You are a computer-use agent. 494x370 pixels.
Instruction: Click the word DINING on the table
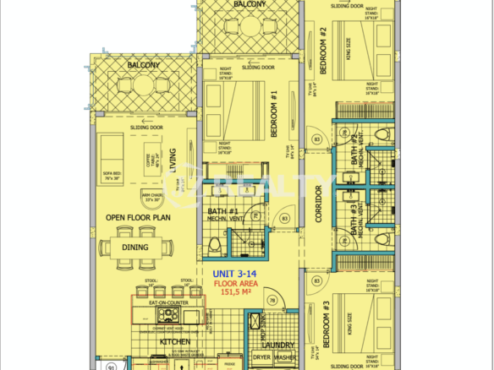click(135, 248)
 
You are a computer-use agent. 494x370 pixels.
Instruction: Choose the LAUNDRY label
click(278, 345)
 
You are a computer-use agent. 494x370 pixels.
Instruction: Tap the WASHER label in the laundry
click(285, 357)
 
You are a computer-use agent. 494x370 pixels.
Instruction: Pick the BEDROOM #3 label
click(326, 325)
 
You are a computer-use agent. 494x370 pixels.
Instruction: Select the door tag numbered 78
click(272, 300)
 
